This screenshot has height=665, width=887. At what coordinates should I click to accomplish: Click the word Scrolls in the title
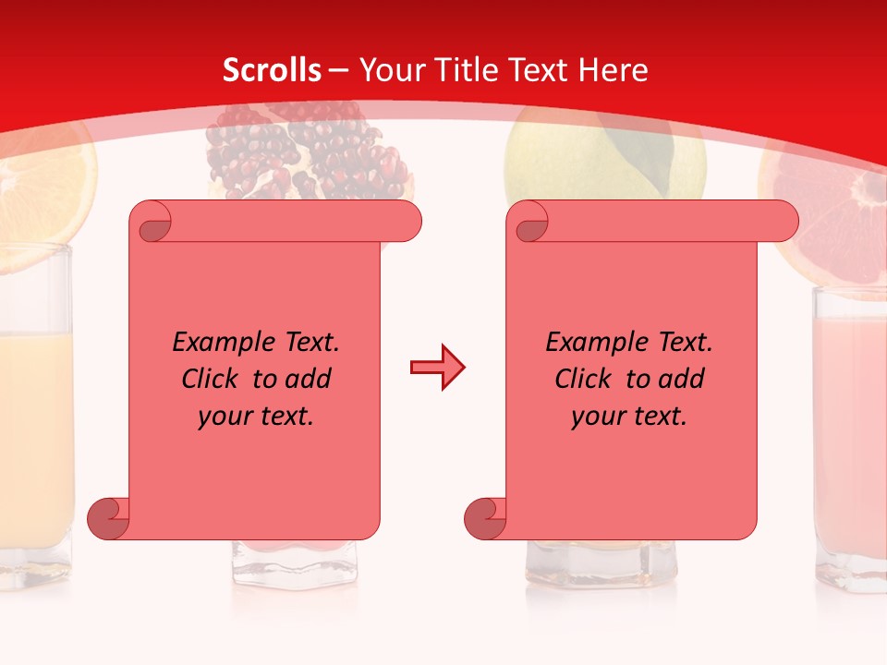click(x=273, y=70)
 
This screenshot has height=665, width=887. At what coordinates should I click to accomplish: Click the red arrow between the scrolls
click(x=437, y=368)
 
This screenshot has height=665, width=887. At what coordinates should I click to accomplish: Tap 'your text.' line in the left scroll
click(x=256, y=417)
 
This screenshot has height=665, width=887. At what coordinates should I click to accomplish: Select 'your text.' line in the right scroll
click(x=629, y=417)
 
